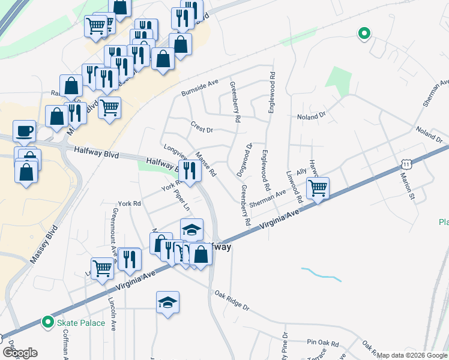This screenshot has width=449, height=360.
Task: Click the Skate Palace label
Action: pos(81,323)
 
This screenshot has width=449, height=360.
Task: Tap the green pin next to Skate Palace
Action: pos(47,323)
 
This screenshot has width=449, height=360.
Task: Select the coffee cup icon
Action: pos(24,130)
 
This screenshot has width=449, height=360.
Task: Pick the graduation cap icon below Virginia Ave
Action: pos(167,302)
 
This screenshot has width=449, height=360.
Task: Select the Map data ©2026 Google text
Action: pos(412,355)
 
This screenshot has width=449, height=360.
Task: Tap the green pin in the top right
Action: pos(363,34)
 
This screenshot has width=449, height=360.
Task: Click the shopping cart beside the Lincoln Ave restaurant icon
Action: pos(102,268)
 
